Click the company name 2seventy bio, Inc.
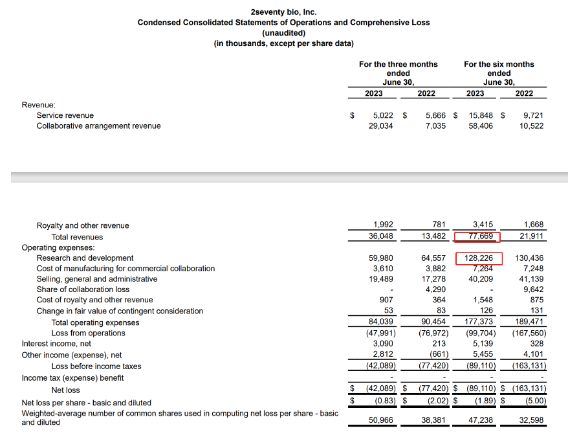point(283,12)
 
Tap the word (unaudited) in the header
point(283,32)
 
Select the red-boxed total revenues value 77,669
point(479,236)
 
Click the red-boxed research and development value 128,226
point(479,258)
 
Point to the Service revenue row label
point(65,115)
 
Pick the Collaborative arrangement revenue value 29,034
point(378,126)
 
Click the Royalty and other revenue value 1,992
point(380,225)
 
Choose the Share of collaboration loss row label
point(83,289)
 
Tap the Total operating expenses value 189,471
point(529,322)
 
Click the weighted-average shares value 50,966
point(379,419)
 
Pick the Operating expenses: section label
point(58,247)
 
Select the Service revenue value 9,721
point(532,115)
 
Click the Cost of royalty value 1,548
point(482,300)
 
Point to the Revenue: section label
point(38,104)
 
